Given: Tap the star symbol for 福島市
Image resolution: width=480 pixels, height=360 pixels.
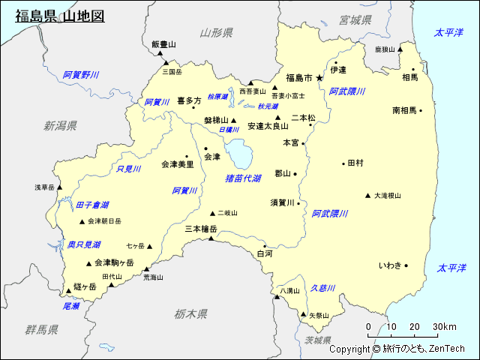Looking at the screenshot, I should point(319,77).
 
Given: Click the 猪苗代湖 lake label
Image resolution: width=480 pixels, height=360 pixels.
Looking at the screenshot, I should point(243,178).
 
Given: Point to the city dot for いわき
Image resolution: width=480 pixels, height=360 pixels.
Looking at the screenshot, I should point(406,265).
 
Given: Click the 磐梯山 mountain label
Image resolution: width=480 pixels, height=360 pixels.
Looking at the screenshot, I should point(217,120).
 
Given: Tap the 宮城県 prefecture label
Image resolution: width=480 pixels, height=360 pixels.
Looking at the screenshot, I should point(355,19).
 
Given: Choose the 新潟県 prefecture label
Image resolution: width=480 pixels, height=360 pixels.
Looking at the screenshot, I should point(61,125).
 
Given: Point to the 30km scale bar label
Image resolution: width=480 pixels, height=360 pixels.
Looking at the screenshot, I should point(444,326).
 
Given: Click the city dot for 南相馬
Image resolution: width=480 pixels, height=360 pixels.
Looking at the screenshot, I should point(421,110).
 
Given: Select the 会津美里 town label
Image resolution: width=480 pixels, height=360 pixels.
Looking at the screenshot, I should point(177,163).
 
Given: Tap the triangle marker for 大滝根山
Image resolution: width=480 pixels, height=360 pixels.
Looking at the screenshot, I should point(367,196).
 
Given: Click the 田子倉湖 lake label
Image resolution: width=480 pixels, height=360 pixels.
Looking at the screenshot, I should point(91,205).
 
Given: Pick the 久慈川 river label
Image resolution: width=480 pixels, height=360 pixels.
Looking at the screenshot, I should point(322,287).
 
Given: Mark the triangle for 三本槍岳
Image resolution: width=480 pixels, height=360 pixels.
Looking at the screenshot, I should point(211,238).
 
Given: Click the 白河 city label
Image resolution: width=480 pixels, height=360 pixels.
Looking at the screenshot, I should point(265,254).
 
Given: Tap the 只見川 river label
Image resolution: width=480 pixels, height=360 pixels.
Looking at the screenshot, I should point(129,169).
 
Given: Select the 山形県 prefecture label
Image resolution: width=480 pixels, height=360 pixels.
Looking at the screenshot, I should point(216,32).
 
